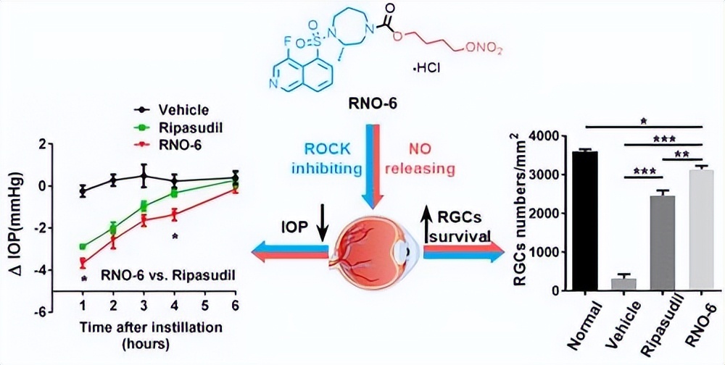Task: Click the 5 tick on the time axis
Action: coord(205,304)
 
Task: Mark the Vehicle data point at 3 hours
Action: coord(144,175)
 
